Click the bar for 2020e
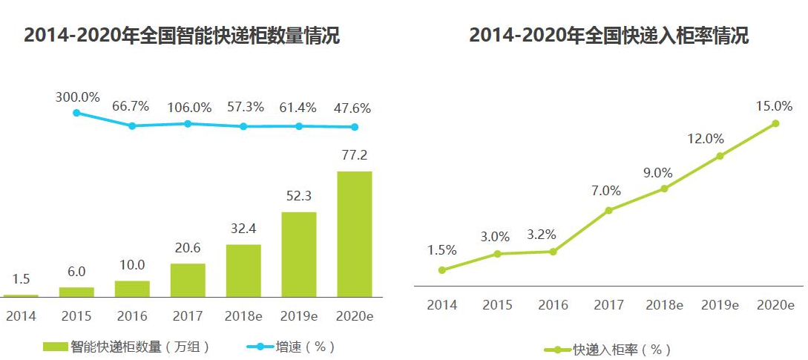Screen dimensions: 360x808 (x=355, y=234)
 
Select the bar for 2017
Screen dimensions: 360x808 (x=188, y=280)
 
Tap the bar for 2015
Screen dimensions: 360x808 (x=76, y=292)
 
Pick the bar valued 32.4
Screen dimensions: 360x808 (x=243, y=270)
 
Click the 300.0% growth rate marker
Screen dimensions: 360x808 (x=76, y=113)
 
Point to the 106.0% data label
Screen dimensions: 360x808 (x=188, y=107)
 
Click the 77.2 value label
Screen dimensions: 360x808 (x=355, y=156)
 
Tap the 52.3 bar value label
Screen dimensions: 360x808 (x=299, y=197)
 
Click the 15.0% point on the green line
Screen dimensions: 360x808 (x=775, y=123)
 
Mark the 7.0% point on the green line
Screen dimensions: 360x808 (x=608, y=210)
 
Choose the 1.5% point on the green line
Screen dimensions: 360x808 (x=442, y=270)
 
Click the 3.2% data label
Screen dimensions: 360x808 (x=553, y=235)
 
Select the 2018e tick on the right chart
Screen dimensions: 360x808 (x=664, y=305)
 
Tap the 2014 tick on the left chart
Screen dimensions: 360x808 (x=21, y=316)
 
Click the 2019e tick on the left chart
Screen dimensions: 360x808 (x=299, y=316)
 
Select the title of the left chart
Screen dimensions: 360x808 (x=182, y=36)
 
